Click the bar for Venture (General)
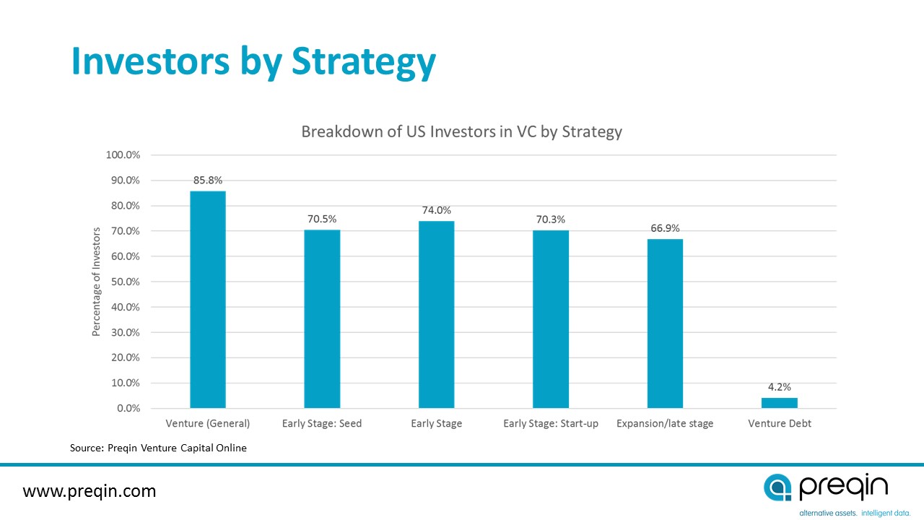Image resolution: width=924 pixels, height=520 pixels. point(208,300)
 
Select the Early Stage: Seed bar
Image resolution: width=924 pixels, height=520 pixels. point(322,319)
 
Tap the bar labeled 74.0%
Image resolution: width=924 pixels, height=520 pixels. point(436,315)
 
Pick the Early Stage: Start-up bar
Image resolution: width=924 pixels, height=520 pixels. point(551,319)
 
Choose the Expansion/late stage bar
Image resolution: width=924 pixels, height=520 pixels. point(665,324)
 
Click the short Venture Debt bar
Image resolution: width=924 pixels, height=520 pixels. point(780,403)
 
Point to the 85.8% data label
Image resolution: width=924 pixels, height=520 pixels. point(208,180)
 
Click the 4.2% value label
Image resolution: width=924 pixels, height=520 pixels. point(780,386)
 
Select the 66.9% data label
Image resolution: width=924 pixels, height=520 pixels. point(665,228)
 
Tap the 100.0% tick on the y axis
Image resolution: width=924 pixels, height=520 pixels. point(123,155)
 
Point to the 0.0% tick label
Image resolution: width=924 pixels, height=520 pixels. point(127,409)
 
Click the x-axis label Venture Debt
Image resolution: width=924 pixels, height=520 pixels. point(780,424)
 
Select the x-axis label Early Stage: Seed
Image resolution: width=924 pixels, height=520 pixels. point(322,424)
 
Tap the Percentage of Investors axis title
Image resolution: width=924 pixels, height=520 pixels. point(96,282)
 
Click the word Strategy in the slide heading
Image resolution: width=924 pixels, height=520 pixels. point(363,62)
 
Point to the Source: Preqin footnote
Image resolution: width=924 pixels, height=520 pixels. point(158,448)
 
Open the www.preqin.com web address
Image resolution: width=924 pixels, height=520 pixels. point(90,492)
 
